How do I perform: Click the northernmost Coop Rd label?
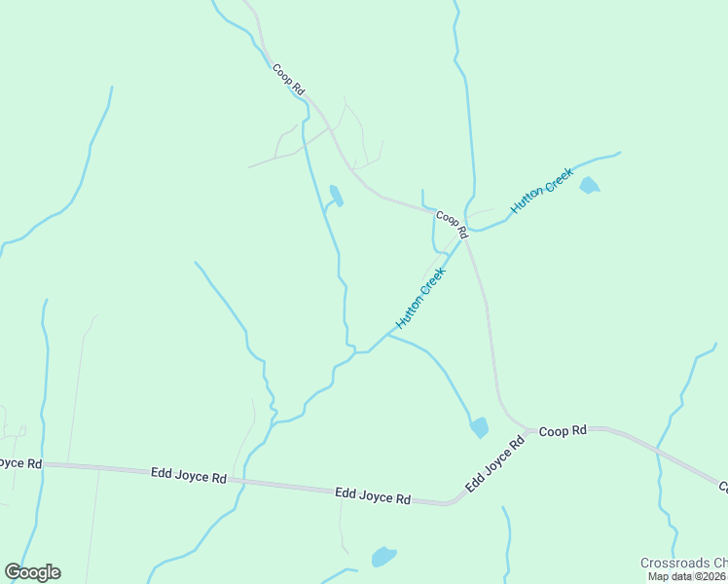pos(289,80)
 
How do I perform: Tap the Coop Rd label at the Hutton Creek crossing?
pos(453,224)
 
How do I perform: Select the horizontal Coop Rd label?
pos(564,430)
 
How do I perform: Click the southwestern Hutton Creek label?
pos(420,298)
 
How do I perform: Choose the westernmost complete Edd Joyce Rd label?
pos(189,476)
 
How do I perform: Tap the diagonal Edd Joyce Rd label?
pos(494,464)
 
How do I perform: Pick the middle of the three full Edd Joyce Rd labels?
pos(373,496)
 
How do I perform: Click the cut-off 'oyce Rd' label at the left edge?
pos(20,463)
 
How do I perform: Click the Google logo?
pos(32,572)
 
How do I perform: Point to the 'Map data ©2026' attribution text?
pos(687,576)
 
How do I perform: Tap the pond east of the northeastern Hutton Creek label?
pos(589,185)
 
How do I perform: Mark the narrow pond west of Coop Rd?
pos(336,196)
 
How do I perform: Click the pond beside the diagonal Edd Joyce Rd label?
pos(479,427)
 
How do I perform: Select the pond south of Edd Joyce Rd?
pos(383,557)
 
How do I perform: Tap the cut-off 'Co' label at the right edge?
pos(723,485)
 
